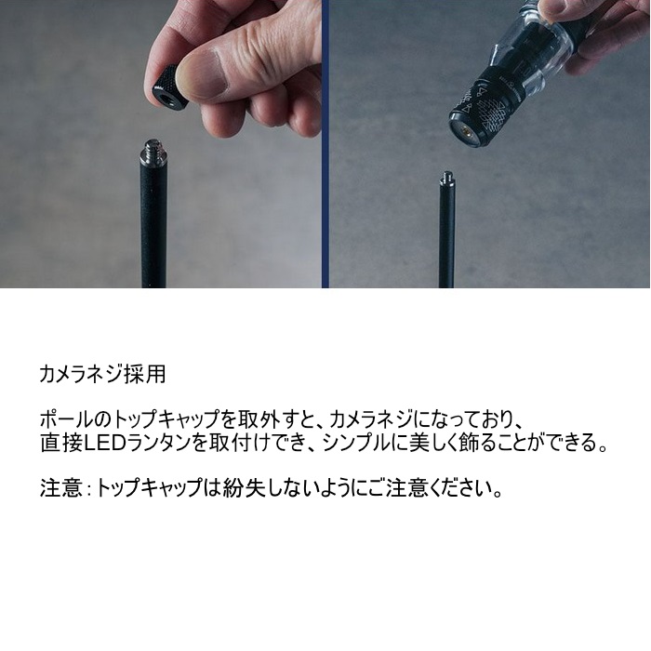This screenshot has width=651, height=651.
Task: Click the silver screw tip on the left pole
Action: point(154,148)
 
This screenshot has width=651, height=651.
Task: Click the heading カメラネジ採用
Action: point(102,374)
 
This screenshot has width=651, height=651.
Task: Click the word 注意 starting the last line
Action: point(60,488)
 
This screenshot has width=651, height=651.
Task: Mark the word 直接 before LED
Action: point(61,444)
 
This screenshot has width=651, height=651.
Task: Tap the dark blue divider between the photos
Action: point(325,143)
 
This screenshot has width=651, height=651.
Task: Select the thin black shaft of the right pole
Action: point(447,237)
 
